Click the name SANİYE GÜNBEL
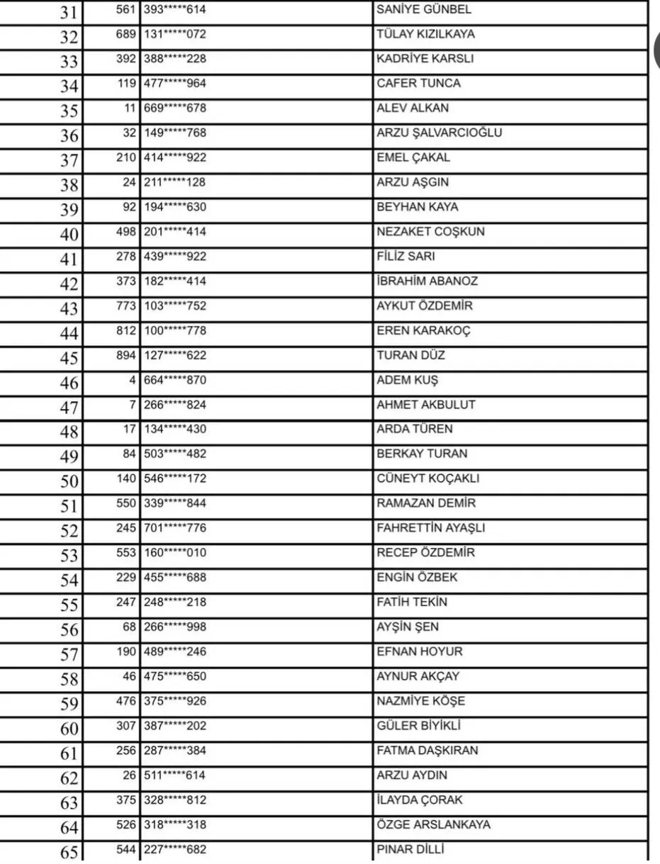[423, 10]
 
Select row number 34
[69, 87]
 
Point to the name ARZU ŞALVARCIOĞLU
[440, 133]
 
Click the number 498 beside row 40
[125, 232]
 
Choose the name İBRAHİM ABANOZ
[427, 281]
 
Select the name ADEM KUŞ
[407, 380]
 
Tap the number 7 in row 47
[132, 405]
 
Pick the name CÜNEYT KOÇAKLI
[427, 478]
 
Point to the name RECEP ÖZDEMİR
[425, 553]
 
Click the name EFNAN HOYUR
[419, 651]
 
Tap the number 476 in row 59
[125, 701]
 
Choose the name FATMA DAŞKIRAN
[427, 751]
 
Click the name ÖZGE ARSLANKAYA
[433, 825]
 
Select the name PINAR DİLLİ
[410, 850]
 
